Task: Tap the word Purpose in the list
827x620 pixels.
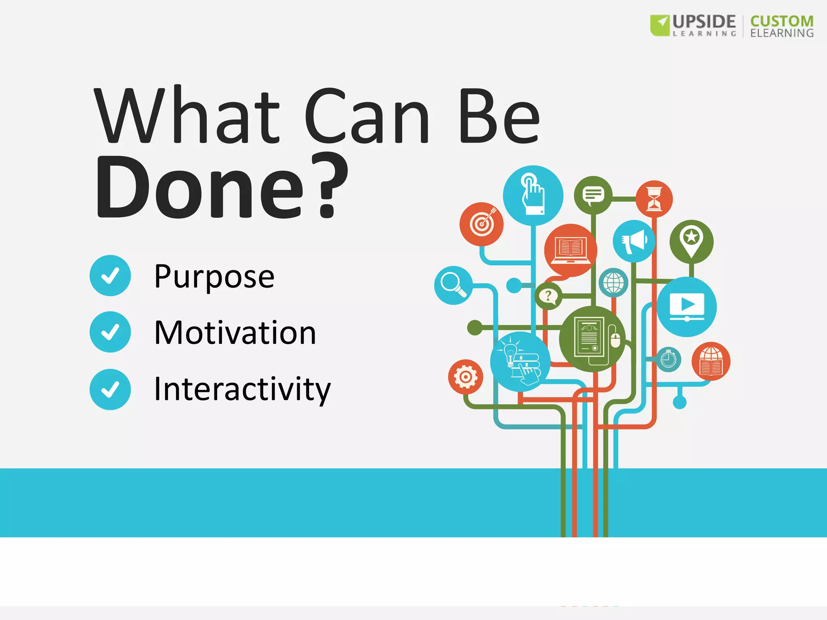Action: (214, 276)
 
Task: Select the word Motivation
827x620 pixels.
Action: (235, 333)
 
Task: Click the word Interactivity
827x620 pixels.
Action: (242, 389)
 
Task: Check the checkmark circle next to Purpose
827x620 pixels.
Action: (110, 276)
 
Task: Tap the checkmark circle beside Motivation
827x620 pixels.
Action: (110, 332)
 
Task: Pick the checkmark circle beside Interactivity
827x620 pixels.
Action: (110, 390)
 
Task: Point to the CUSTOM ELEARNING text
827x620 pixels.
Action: (781, 26)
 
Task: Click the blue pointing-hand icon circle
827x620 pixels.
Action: (533, 195)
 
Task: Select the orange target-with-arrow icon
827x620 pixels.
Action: (481, 224)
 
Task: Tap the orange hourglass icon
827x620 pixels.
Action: (654, 199)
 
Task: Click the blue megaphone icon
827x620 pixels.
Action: (634, 241)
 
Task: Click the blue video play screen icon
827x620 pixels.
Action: (686, 307)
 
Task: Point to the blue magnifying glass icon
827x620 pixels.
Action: (453, 285)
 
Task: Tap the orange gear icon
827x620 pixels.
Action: (465, 377)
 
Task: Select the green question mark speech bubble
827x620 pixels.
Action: (548, 296)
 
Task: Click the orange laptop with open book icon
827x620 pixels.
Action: (570, 250)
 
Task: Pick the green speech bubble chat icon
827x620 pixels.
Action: (593, 195)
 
